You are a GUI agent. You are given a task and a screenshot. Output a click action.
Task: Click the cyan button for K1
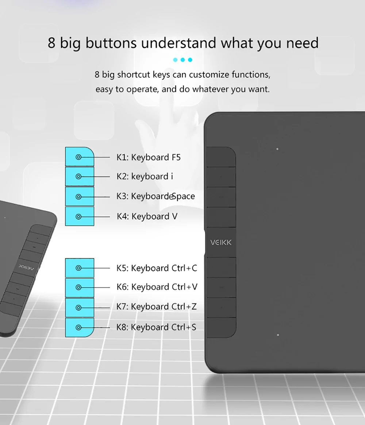click(x=80, y=157)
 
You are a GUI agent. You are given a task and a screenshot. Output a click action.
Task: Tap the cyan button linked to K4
click(x=80, y=216)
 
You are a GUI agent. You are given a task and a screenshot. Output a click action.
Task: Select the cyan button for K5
click(x=80, y=268)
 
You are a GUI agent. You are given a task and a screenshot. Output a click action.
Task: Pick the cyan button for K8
click(x=80, y=328)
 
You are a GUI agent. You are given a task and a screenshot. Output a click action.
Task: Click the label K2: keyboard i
click(x=145, y=177)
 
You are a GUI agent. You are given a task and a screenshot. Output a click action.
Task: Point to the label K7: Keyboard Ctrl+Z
click(x=157, y=306)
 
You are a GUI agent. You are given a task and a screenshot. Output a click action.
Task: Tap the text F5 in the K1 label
click(x=176, y=157)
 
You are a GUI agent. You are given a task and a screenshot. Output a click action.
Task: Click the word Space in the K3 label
click(x=183, y=196)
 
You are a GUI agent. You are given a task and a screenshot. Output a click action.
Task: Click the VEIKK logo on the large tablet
click(x=221, y=242)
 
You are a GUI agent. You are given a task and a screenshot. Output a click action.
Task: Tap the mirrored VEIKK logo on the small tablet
click(x=27, y=267)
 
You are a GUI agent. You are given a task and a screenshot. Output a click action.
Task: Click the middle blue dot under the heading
click(x=183, y=59)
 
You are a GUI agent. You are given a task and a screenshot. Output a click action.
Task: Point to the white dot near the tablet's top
click(x=277, y=149)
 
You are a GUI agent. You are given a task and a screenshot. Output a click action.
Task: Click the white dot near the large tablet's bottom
click(x=278, y=335)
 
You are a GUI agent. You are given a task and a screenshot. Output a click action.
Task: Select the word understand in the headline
click(x=178, y=43)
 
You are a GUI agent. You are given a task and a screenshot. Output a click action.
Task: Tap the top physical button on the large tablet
click(x=221, y=157)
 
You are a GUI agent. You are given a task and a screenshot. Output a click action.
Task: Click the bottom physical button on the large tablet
click(x=221, y=328)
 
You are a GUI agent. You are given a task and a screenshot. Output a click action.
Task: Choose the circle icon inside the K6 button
click(x=78, y=287)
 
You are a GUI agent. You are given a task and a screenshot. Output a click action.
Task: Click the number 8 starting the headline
click(x=51, y=43)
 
